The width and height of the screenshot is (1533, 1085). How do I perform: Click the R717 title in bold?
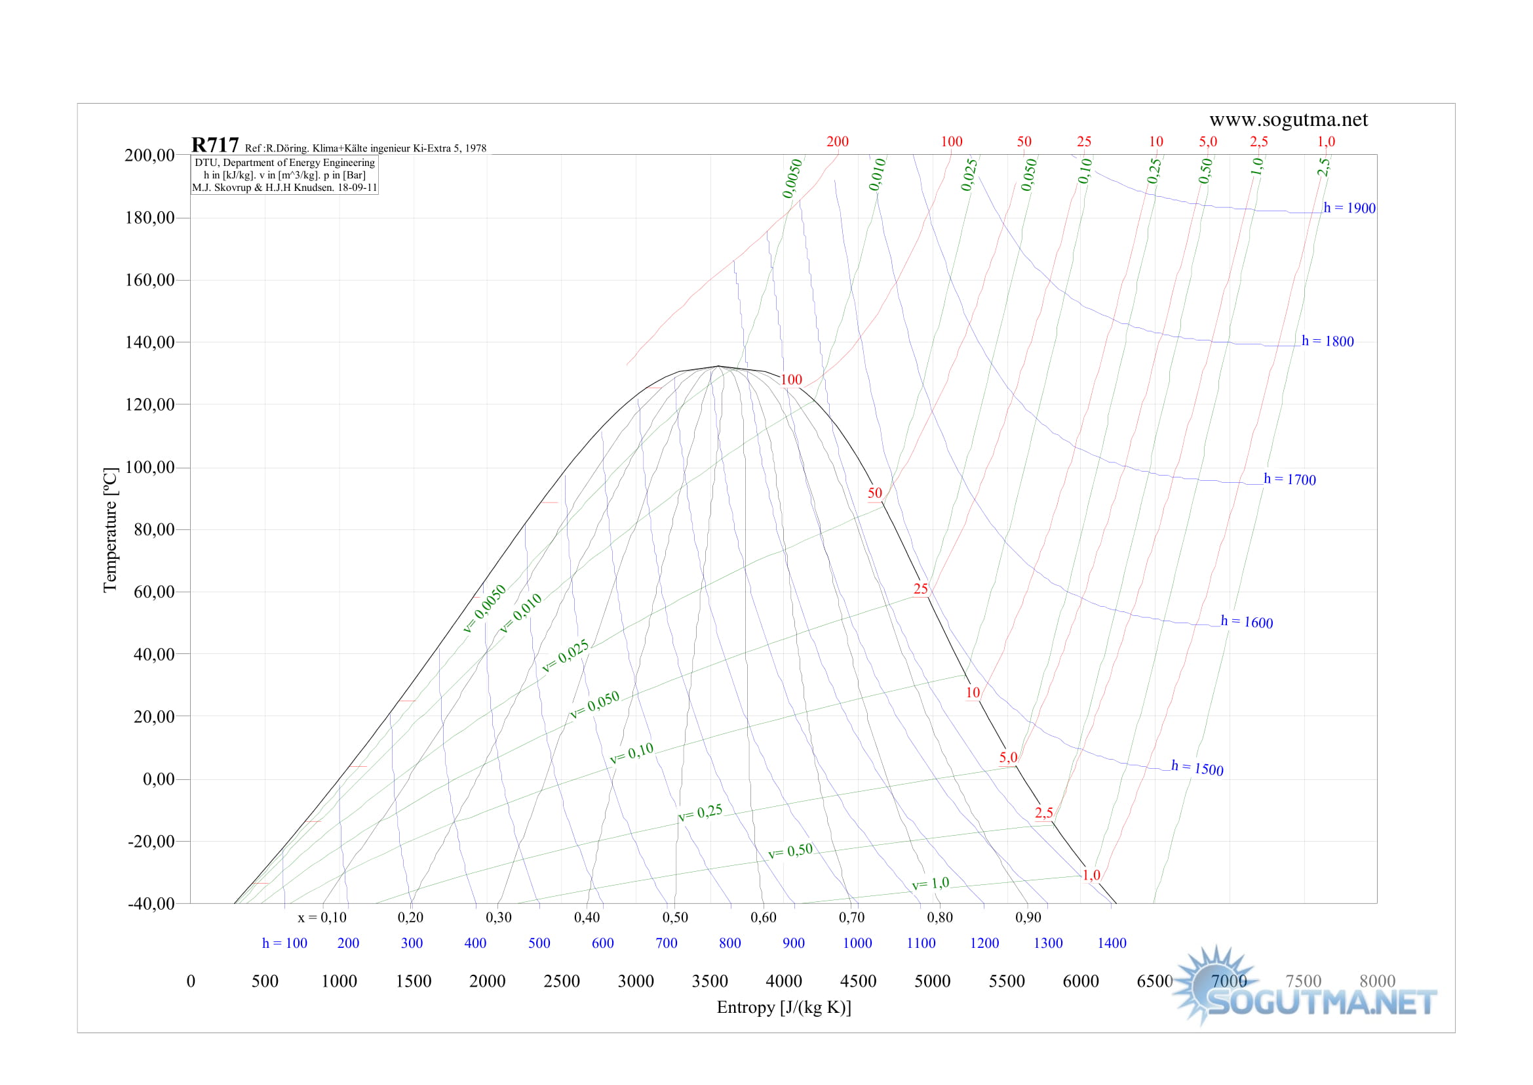pos(214,145)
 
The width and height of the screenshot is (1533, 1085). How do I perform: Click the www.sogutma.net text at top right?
pos(1288,119)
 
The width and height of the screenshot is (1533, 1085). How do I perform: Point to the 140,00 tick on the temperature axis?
pos(149,342)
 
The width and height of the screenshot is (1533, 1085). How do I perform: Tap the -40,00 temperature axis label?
pos(151,903)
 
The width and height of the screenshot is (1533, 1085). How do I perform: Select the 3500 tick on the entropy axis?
pos(709,981)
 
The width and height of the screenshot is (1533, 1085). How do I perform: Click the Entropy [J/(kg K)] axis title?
pos(783,1007)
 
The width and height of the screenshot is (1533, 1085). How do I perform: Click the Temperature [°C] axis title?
pos(110,530)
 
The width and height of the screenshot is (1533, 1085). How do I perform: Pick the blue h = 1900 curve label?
pos(1349,208)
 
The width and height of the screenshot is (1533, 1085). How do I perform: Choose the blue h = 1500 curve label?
pos(1197,768)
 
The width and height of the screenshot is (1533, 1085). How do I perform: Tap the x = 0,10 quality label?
pos(322,917)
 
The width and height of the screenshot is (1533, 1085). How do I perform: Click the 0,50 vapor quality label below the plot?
pos(675,917)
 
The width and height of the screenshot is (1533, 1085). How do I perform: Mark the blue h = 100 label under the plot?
pos(284,943)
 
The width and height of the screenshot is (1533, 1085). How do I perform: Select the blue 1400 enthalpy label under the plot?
pos(1112,943)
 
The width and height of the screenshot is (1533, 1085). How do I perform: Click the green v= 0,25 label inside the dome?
pos(700,812)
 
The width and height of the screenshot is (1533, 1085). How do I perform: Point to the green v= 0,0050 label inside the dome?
pos(484,609)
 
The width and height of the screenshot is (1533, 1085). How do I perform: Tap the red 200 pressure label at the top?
pos(837,142)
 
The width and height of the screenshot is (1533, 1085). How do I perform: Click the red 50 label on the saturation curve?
pos(875,493)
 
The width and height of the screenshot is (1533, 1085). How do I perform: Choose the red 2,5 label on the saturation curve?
pos(1043,812)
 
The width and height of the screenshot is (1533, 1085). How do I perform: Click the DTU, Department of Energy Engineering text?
pos(284,162)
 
